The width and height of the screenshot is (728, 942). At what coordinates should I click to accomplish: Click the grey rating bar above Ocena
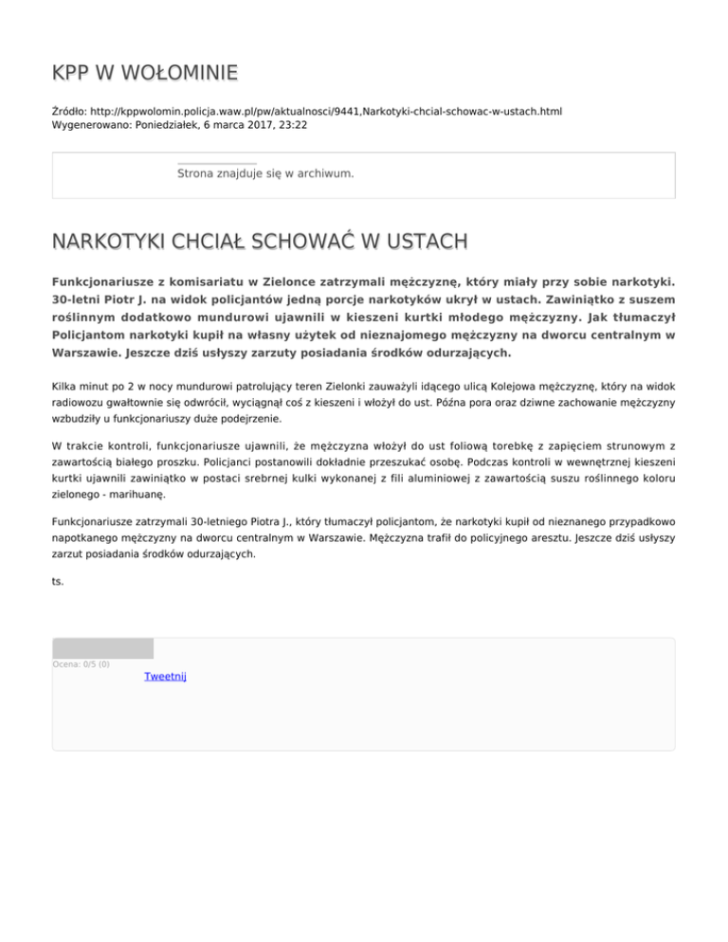point(102,648)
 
